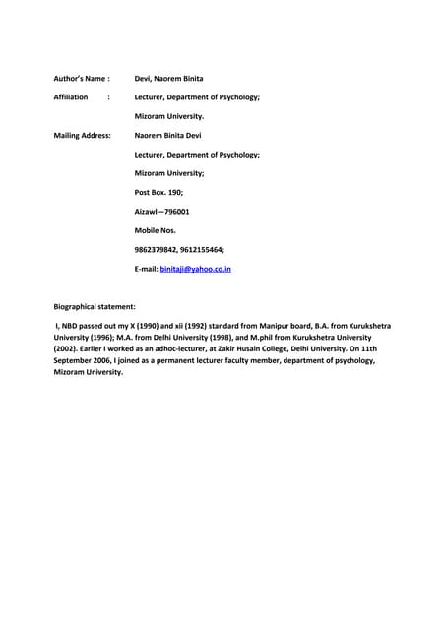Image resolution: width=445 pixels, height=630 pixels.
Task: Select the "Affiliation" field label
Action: (71, 97)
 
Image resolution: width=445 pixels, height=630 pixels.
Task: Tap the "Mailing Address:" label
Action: (82, 136)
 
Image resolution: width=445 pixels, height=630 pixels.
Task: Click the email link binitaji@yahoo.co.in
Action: (195, 268)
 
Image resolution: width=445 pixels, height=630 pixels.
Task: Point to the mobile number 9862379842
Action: (156, 249)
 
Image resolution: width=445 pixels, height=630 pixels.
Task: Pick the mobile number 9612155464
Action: (202, 249)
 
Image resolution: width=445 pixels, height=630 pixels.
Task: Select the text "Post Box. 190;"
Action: (159, 193)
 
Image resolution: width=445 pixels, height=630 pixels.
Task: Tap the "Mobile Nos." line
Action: (155, 230)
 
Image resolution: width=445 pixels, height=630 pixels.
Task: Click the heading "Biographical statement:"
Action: (95, 307)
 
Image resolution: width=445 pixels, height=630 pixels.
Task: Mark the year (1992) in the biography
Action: (205, 325)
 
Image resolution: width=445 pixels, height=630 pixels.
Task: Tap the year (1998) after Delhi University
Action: (222, 337)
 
